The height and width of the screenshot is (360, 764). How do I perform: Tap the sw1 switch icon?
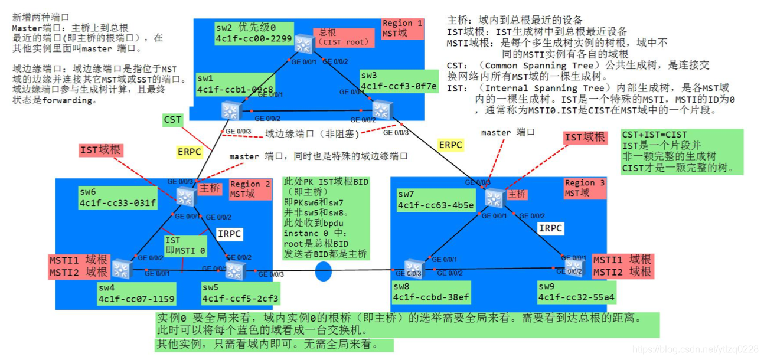(x=230, y=110)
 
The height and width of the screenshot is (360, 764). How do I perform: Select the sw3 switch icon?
(x=381, y=110)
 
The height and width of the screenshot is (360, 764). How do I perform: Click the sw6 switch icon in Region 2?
(x=186, y=197)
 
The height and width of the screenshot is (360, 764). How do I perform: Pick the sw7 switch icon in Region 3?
(x=494, y=197)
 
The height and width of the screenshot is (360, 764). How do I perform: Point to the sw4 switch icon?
(x=121, y=269)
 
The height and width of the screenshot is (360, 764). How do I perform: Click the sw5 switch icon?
(x=234, y=271)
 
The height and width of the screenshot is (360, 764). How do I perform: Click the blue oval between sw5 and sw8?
(x=324, y=271)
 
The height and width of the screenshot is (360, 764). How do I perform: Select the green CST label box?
(x=173, y=120)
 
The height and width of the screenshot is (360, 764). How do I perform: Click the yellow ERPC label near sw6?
(x=190, y=152)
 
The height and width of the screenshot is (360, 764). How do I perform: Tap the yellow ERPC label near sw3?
(x=450, y=145)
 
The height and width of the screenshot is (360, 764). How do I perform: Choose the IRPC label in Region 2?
(x=229, y=234)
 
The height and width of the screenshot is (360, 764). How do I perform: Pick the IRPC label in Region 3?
(x=550, y=228)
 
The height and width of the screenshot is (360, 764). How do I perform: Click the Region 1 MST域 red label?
(x=403, y=28)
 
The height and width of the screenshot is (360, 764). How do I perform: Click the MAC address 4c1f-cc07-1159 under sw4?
(x=136, y=299)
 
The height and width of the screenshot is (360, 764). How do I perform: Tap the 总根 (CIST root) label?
(x=343, y=37)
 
